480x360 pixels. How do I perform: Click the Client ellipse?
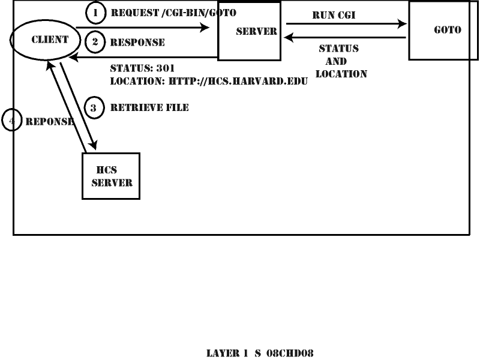coord(45,40)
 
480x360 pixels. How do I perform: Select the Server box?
coord(249,31)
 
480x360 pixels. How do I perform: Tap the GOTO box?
coord(443,30)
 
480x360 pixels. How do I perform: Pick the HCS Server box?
coord(111,176)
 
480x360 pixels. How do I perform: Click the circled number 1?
coord(95,12)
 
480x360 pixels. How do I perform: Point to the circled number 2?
coord(95,42)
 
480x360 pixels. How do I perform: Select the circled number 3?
coord(94,107)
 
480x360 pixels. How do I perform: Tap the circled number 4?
coord(11,121)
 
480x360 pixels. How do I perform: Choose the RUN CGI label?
coord(334,15)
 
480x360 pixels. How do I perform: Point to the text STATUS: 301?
coord(142,68)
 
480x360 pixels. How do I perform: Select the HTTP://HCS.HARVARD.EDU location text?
coord(238,80)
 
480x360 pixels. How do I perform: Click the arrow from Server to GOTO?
coord(347,25)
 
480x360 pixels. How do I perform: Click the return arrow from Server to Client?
coord(144,58)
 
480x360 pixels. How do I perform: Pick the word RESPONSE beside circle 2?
coord(137,43)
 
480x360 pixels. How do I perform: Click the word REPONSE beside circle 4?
coord(49,121)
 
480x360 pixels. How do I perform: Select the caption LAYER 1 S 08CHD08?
coord(261,352)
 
